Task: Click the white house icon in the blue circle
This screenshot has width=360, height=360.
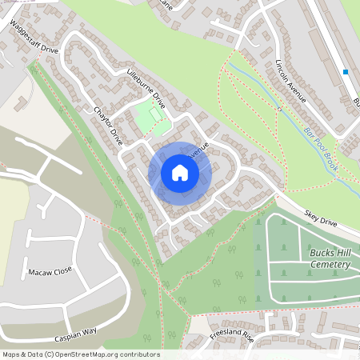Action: coord(180,172)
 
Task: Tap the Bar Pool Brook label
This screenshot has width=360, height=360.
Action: coord(320,146)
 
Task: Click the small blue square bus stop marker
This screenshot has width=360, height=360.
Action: coord(346,72)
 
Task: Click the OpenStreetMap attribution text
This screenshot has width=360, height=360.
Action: coord(80,354)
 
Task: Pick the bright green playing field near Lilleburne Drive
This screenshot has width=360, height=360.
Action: coord(151,118)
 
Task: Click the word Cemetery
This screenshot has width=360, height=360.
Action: coord(330,264)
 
